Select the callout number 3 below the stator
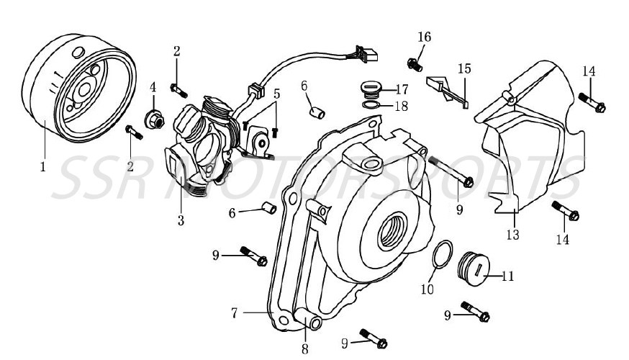[x=181, y=220]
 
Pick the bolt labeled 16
[x=413, y=63]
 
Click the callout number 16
[x=425, y=37]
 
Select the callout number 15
[x=465, y=69]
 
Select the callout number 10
[x=427, y=290]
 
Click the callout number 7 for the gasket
[x=235, y=312]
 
